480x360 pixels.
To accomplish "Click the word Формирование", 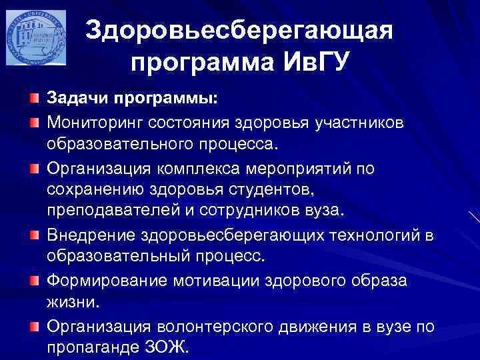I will pos(109,280).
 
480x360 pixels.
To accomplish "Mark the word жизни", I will pos(73,303).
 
